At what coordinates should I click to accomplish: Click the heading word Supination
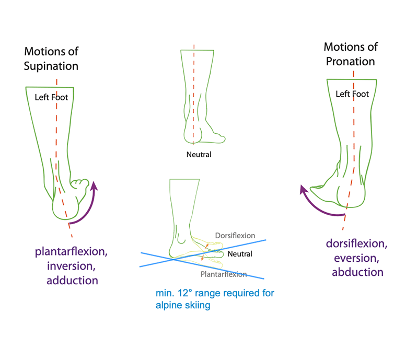[51, 66]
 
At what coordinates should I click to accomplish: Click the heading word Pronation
[350, 61]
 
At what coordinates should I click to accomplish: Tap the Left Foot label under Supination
[51, 97]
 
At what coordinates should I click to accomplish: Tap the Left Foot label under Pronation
[352, 94]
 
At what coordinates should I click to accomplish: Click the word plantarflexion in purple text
[72, 251]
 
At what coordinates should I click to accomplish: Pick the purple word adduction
[72, 280]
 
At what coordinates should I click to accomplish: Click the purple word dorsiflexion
[357, 243]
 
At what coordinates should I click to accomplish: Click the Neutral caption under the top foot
[199, 155]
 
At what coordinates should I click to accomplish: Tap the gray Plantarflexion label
[224, 273]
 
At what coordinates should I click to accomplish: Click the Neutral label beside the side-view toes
[240, 254]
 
